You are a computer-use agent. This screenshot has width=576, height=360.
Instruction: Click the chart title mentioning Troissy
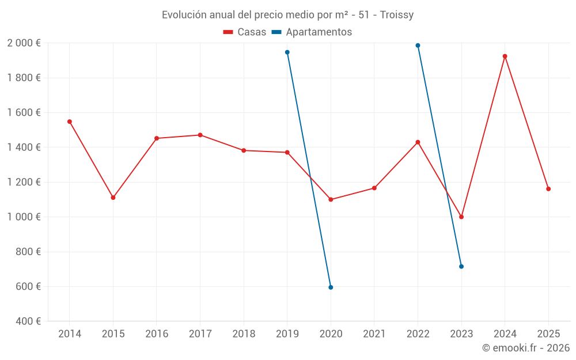point(287,15)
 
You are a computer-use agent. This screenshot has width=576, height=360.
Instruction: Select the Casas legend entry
point(245,32)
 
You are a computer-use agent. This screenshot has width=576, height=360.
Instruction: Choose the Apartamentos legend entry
point(312,32)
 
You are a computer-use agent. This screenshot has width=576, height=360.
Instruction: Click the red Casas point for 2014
point(70,122)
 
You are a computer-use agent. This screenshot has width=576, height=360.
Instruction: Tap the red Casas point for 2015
point(113,198)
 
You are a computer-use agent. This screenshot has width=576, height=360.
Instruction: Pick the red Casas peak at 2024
point(505,56)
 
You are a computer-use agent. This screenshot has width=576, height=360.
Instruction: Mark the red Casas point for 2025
point(548,189)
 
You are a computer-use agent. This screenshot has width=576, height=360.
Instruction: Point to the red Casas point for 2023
point(461,217)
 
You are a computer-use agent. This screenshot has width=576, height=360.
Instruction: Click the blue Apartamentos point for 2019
point(287,52)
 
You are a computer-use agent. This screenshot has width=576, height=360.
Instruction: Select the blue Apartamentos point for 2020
point(331,287)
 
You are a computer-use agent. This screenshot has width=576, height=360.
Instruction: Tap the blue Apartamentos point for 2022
point(418,46)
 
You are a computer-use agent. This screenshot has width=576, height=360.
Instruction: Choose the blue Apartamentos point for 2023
point(461,267)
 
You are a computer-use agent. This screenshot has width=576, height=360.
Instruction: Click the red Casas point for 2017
point(200,135)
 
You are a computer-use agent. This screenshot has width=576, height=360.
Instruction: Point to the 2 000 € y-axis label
point(24,43)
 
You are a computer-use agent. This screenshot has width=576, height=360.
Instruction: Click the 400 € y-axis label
point(27,321)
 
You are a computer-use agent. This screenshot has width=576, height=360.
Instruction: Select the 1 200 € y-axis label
point(24,182)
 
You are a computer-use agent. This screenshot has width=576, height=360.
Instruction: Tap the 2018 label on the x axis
point(244,334)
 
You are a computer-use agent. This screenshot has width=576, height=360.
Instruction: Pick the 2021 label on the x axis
point(374,334)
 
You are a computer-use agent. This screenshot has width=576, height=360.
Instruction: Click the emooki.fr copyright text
point(525,348)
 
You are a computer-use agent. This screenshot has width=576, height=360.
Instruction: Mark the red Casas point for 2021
point(374,188)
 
